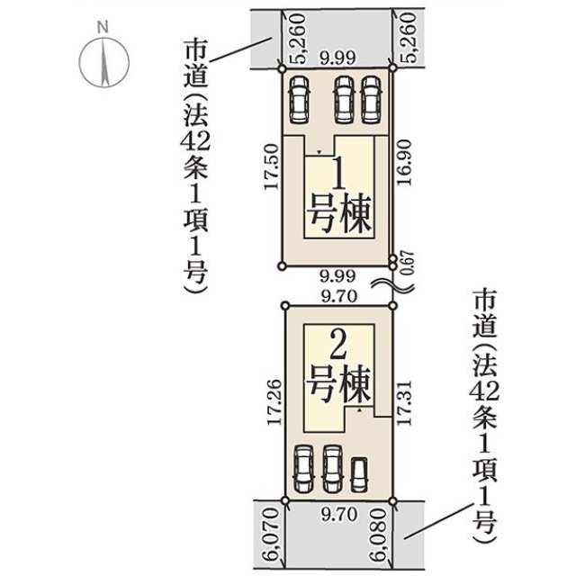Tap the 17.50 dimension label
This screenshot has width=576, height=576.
(x=272, y=166)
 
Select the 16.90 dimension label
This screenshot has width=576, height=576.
(x=404, y=163)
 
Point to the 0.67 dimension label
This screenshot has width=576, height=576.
(x=408, y=263)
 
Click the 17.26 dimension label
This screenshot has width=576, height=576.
(x=274, y=402)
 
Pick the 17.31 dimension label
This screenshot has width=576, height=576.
(x=404, y=403)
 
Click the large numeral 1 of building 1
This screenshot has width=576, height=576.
(x=338, y=172)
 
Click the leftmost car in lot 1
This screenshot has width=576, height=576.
(x=299, y=100)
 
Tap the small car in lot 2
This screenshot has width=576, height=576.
(x=359, y=474)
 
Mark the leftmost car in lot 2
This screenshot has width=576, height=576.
(x=304, y=469)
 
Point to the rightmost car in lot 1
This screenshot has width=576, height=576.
(x=370, y=100)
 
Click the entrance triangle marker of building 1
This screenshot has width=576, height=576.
(x=319, y=152)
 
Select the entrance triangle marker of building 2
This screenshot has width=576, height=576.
(x=359, y=409)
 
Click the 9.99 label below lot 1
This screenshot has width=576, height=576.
(x=337, y=276)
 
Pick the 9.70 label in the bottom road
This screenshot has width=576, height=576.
(x=339, y=514)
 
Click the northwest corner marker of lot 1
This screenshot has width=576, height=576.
(x=282, y=68)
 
